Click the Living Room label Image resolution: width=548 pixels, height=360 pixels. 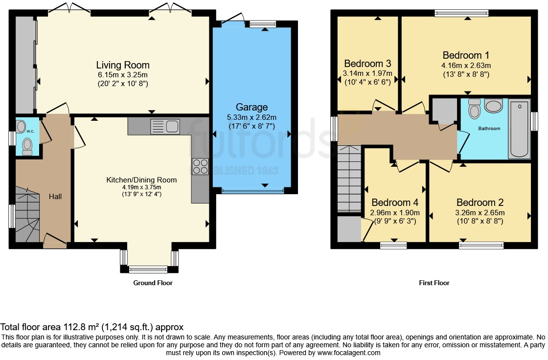[x=123, y=65]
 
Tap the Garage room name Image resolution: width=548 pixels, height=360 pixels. [x=251, y=107]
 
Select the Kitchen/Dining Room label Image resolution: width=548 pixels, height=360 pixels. [x=141, y=180]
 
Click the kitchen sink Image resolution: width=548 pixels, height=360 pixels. [x=165, y=126]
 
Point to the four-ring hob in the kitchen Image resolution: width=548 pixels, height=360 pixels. [x=200, y=166]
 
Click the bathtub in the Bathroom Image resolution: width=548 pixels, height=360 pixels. [x=520, y=129]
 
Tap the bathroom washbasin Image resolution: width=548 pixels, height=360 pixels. [x=494, y=106]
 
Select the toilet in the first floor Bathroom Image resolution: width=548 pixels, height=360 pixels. [x=474, y=109]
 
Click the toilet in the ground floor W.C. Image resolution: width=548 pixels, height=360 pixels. [x=27, y=147]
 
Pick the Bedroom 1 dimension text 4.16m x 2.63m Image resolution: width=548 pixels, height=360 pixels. [x=466, y=66]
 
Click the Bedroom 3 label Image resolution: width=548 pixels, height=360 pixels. [x=367, y=64]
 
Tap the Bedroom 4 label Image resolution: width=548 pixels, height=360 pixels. [x=395, y=202]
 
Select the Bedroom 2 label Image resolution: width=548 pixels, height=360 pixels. [x=480, y=202]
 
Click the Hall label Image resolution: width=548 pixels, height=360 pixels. [x=55, y=197]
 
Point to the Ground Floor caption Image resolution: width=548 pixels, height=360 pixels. [x=153, y=283]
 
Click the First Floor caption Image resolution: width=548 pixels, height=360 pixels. [x=434, y=283]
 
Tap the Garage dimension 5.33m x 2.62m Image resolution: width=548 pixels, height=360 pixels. [x=251, y=117]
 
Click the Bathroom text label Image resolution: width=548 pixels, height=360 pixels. [x=489, y=128]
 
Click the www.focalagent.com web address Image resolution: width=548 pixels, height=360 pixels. [x=349, y=353]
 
